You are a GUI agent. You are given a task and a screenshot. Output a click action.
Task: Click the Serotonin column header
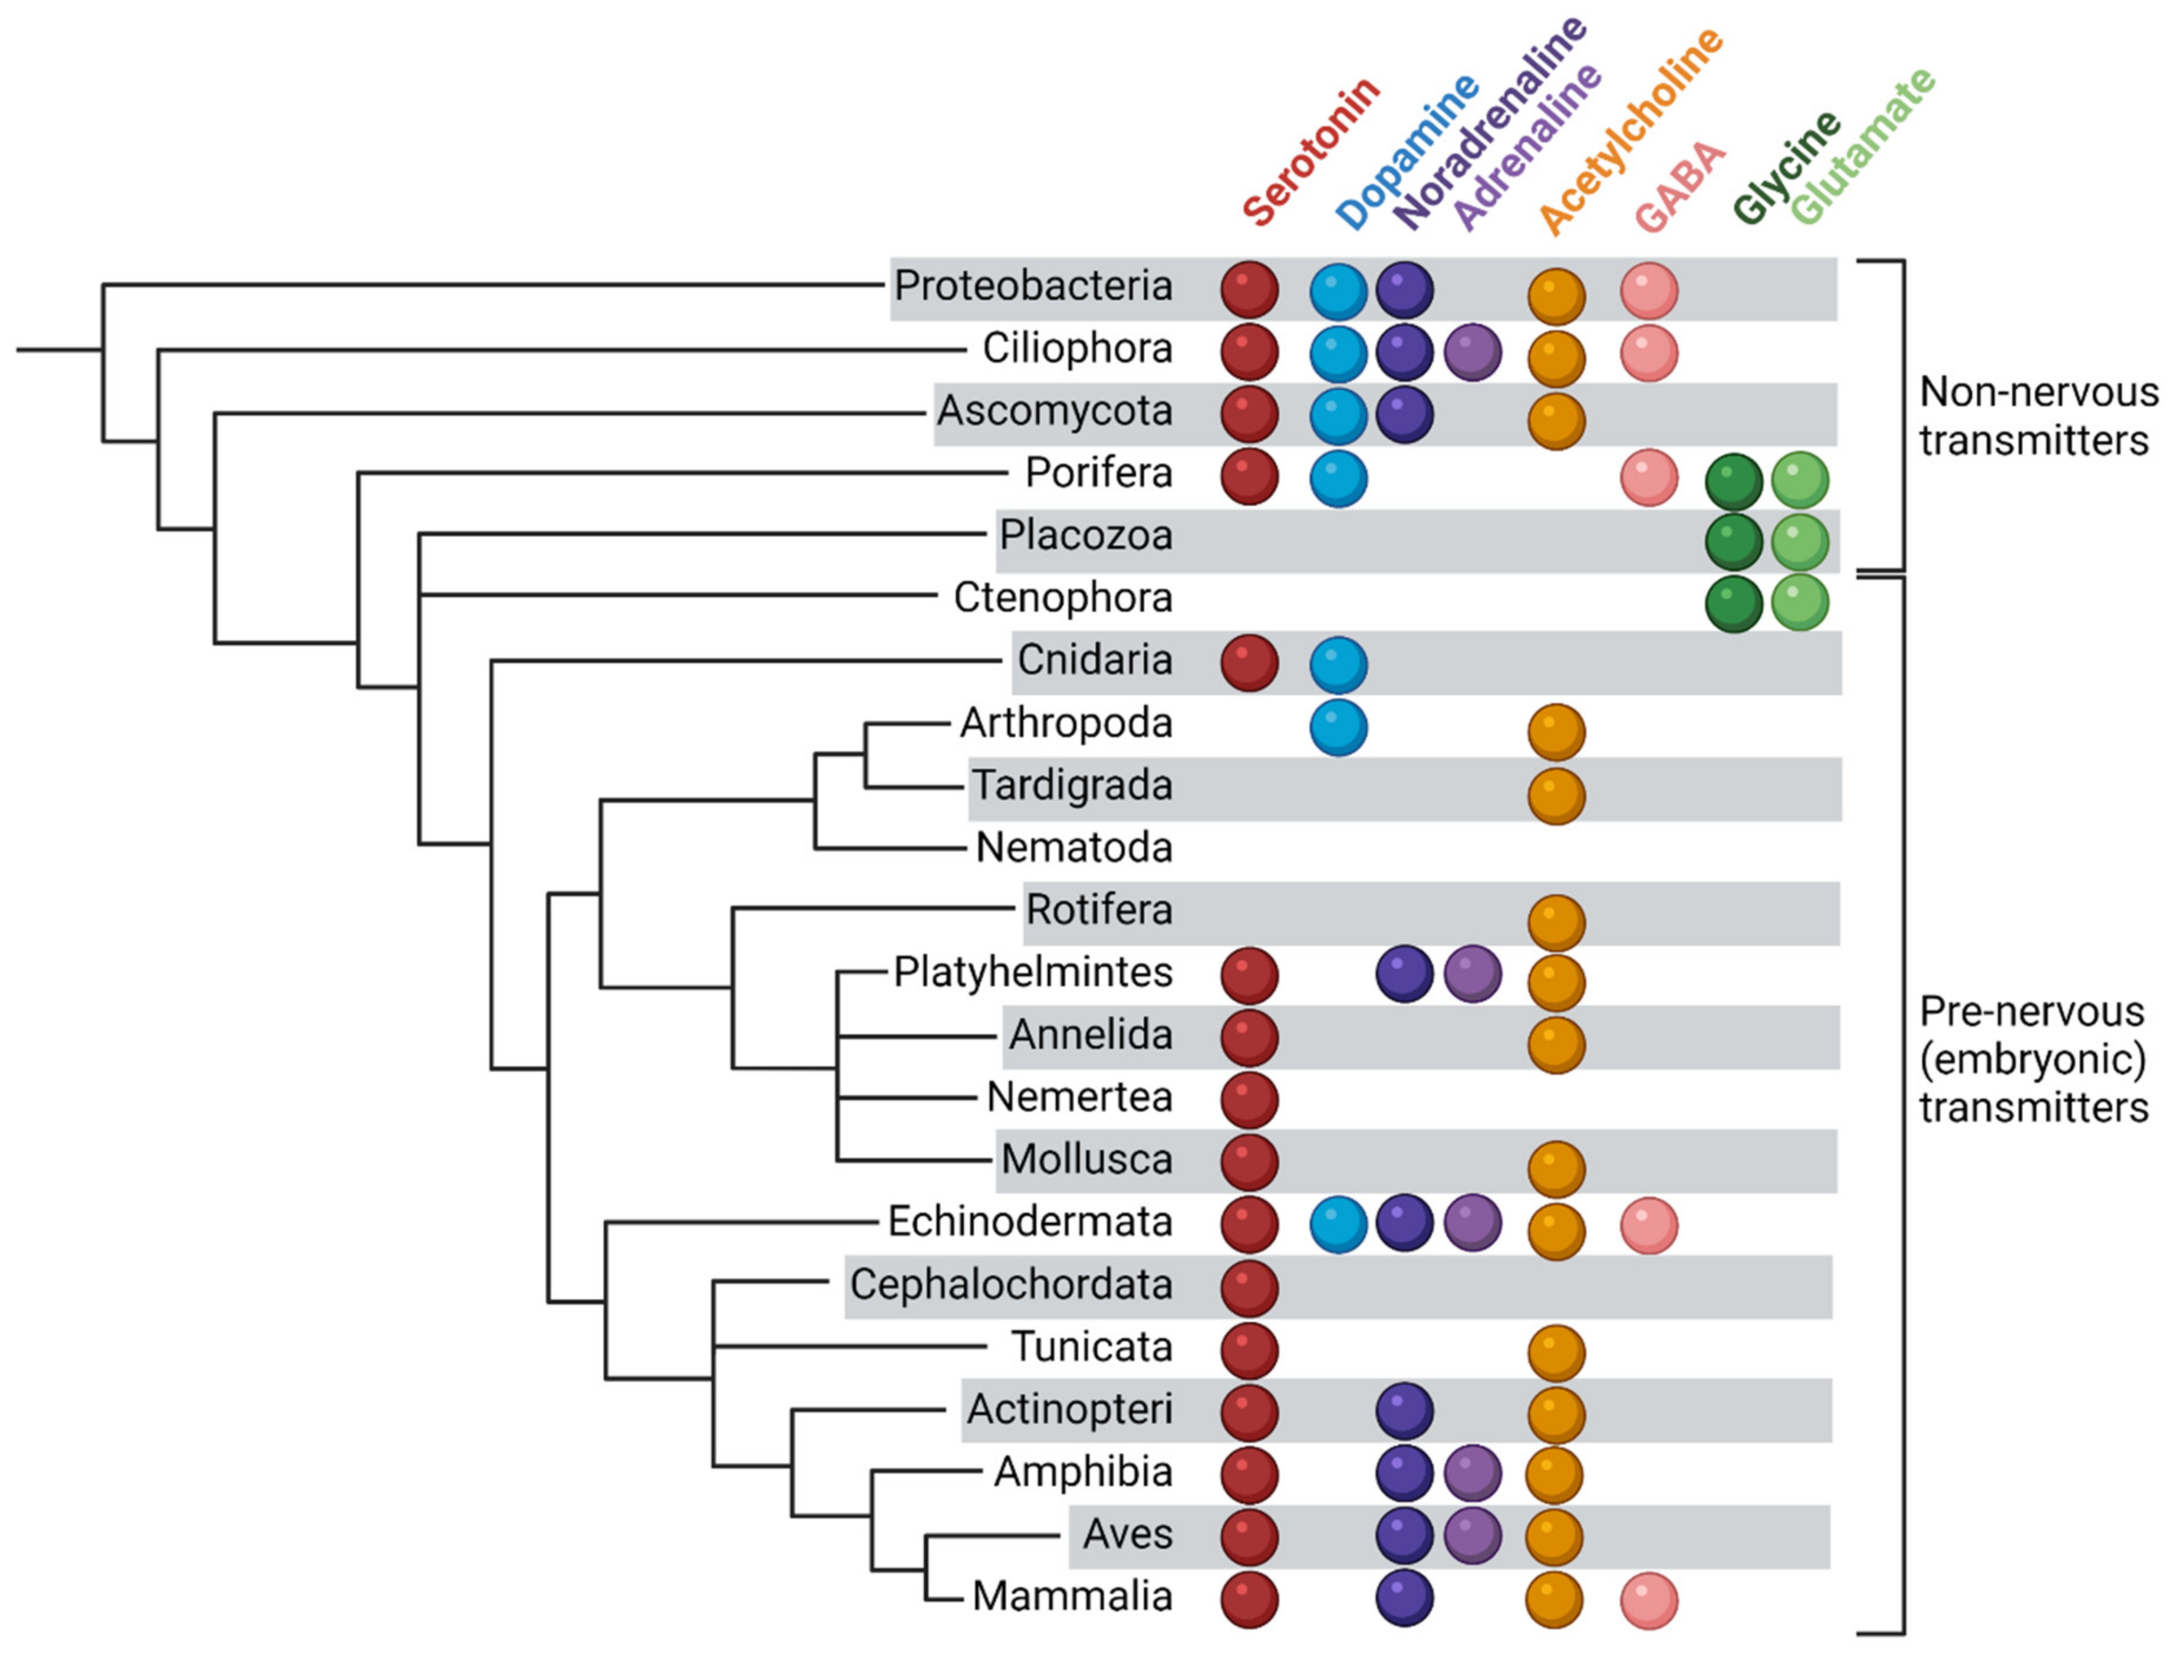1310,153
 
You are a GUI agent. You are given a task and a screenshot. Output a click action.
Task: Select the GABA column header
1680,187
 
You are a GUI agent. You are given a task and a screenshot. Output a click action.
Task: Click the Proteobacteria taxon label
1033,287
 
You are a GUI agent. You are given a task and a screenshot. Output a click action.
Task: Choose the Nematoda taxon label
1073,848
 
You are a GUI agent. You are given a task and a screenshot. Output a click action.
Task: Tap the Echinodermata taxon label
1030,1222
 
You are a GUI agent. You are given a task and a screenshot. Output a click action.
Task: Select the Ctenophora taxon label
1062,598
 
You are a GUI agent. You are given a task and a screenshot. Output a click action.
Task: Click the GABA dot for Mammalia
1649,1601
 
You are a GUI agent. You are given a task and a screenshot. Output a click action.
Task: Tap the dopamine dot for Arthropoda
1338,729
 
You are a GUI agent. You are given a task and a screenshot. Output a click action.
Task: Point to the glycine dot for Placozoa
1734,541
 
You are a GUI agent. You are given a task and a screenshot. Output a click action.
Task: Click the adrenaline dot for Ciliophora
1473,352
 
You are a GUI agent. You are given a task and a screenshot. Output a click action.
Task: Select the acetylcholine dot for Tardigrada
1556,795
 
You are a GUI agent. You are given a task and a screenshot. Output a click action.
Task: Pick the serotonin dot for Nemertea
1250,1099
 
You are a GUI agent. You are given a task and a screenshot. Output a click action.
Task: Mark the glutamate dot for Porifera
1800,480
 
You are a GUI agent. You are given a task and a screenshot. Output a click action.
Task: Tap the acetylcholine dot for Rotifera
1556,921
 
